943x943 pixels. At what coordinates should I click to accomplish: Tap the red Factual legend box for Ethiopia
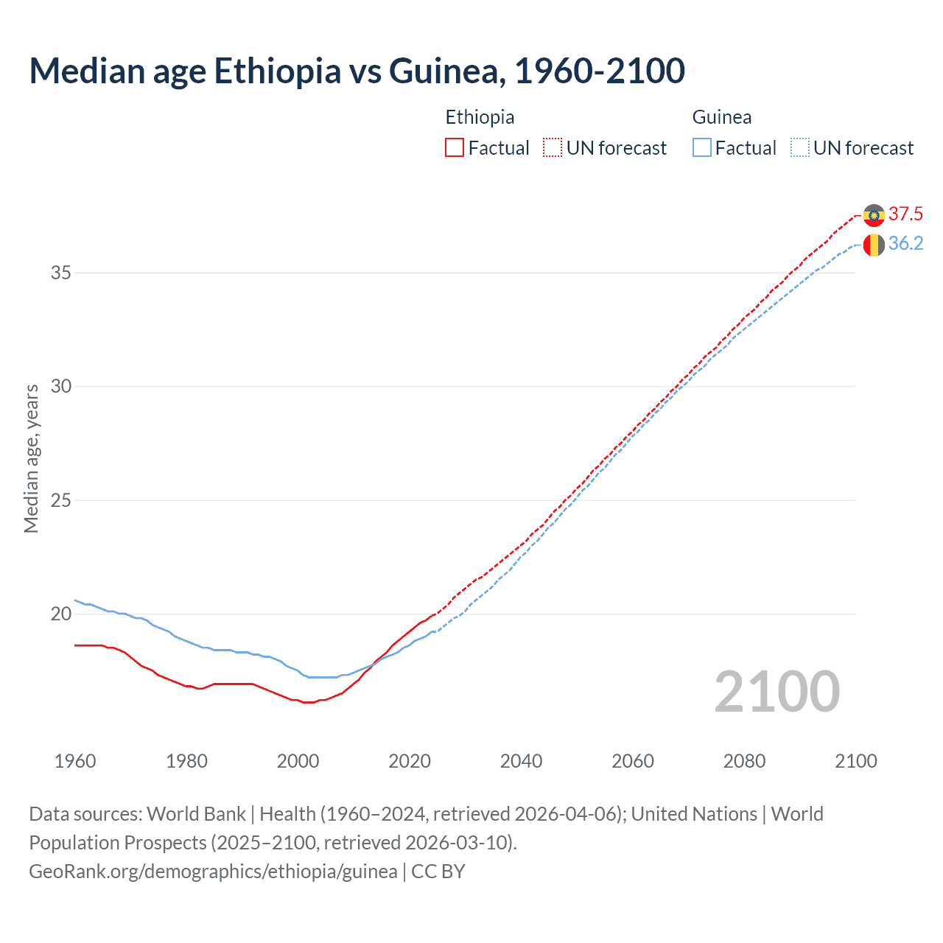455,148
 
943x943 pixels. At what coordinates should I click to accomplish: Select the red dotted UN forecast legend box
553,148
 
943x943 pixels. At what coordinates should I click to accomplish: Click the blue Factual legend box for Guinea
702,148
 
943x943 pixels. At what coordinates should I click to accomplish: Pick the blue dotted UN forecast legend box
799,148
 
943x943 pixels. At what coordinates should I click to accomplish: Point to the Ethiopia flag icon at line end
874,215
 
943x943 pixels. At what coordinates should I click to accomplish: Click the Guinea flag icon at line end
874,245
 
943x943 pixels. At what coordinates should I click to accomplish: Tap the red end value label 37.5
905,214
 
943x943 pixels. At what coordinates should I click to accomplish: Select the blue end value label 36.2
905,244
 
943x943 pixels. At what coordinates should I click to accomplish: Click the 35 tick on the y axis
60,273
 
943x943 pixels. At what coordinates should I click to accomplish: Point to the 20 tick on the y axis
60,614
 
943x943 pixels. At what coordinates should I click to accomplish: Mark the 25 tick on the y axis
60,501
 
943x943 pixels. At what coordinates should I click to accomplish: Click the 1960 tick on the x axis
75,761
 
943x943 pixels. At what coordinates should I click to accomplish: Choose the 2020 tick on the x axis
410,761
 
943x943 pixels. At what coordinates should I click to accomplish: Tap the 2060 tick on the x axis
633,761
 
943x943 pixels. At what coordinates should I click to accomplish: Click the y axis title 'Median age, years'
31,458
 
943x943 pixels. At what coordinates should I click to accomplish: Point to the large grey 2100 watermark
777,692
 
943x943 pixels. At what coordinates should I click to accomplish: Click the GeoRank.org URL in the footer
213,872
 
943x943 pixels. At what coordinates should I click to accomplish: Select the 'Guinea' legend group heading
722,117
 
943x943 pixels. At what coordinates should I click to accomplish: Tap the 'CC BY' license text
438,872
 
